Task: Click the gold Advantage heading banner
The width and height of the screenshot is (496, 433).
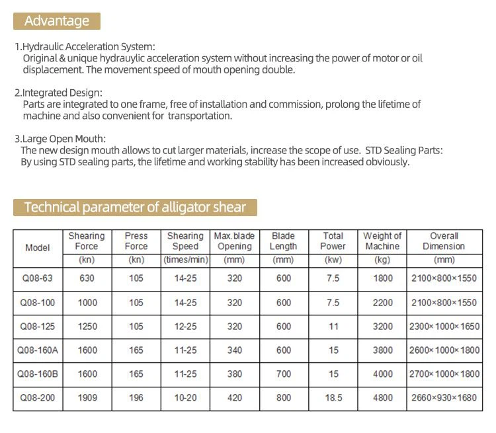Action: tap(57, 21)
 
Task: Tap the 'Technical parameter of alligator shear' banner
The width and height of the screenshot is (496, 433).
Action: tap(135, 207)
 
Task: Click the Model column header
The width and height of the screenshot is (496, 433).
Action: tap(38, 248)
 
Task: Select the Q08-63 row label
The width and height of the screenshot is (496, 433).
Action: tap(38, 278)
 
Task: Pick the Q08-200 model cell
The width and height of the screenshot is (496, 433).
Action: tap(38, 397)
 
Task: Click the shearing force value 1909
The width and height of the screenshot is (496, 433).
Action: tap(87, 397)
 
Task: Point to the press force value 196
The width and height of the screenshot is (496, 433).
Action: tap(136, 397)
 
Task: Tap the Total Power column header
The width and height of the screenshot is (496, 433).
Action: tap(333, 241)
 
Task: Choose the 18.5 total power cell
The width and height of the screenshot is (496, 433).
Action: tap(333, 397)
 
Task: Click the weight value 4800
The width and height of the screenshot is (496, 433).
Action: tap(382, 397)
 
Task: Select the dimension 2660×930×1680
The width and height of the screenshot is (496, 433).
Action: tap(444, 397)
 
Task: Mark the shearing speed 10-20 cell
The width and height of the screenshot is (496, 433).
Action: tap(185, 397)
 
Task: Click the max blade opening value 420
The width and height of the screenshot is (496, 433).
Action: tap(235, 397)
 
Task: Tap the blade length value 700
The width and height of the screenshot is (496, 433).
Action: tap(283, 374)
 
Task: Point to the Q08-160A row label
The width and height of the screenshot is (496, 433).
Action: tap(38, 350)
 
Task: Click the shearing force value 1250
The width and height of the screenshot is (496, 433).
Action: tap(87, 326)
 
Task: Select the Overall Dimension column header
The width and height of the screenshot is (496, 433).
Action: tap(444, 241)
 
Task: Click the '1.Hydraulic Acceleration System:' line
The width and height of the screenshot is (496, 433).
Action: tap(85, 47)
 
